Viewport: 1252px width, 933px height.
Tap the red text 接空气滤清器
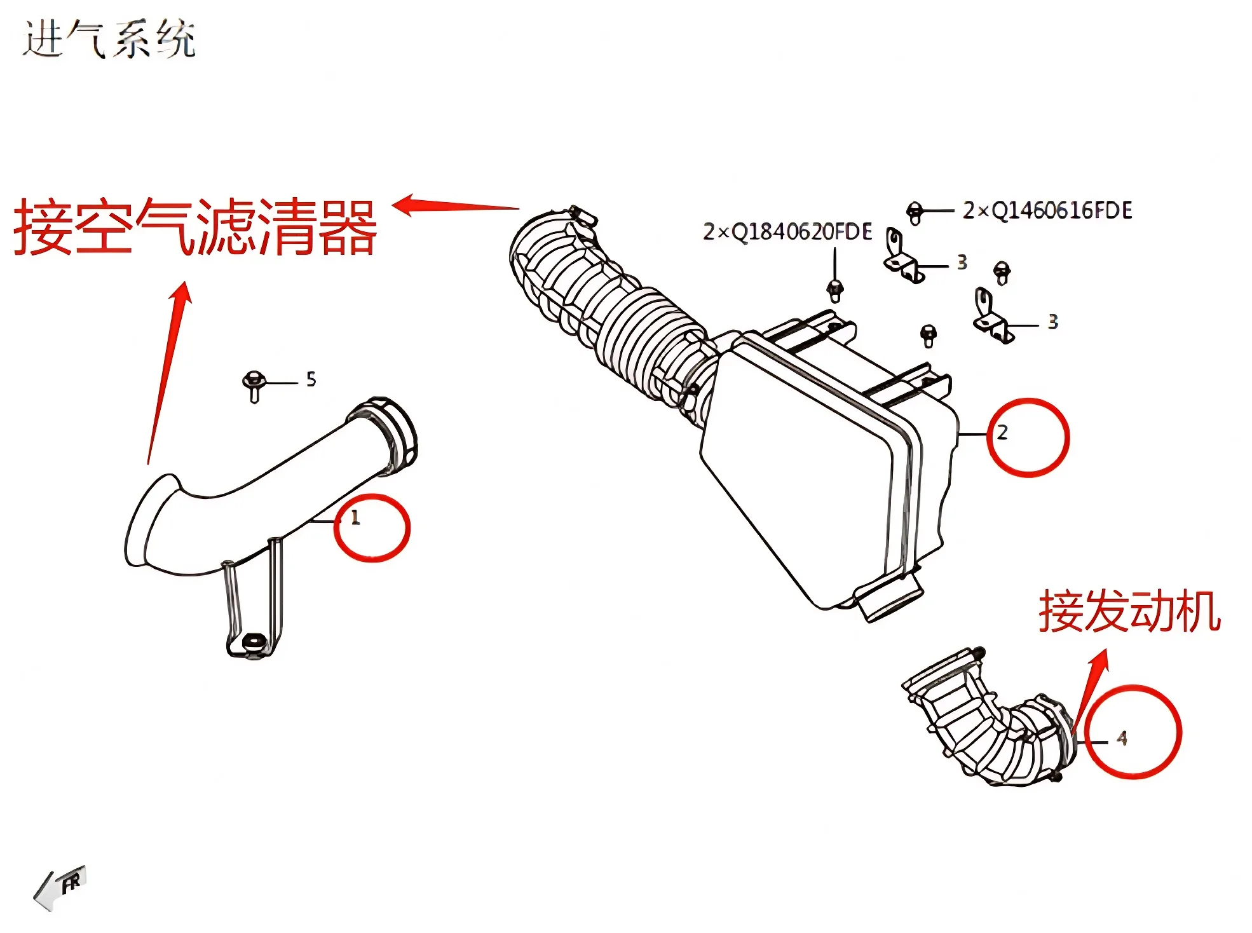(196, 228)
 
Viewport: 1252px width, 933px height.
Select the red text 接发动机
(1129, 611)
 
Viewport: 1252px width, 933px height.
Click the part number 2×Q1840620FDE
(787, 232)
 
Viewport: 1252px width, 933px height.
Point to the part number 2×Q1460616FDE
(1047, 210)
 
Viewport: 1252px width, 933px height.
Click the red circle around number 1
(372, 528)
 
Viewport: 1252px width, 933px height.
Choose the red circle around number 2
(1028, 437)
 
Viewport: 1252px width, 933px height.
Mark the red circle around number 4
(1133, 732)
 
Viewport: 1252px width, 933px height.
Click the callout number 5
(311, 379)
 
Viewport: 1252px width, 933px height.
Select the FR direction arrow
(60, 886)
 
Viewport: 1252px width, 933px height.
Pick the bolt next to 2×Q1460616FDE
(915, 212)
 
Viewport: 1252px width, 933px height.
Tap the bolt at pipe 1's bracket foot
(254, 642)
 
